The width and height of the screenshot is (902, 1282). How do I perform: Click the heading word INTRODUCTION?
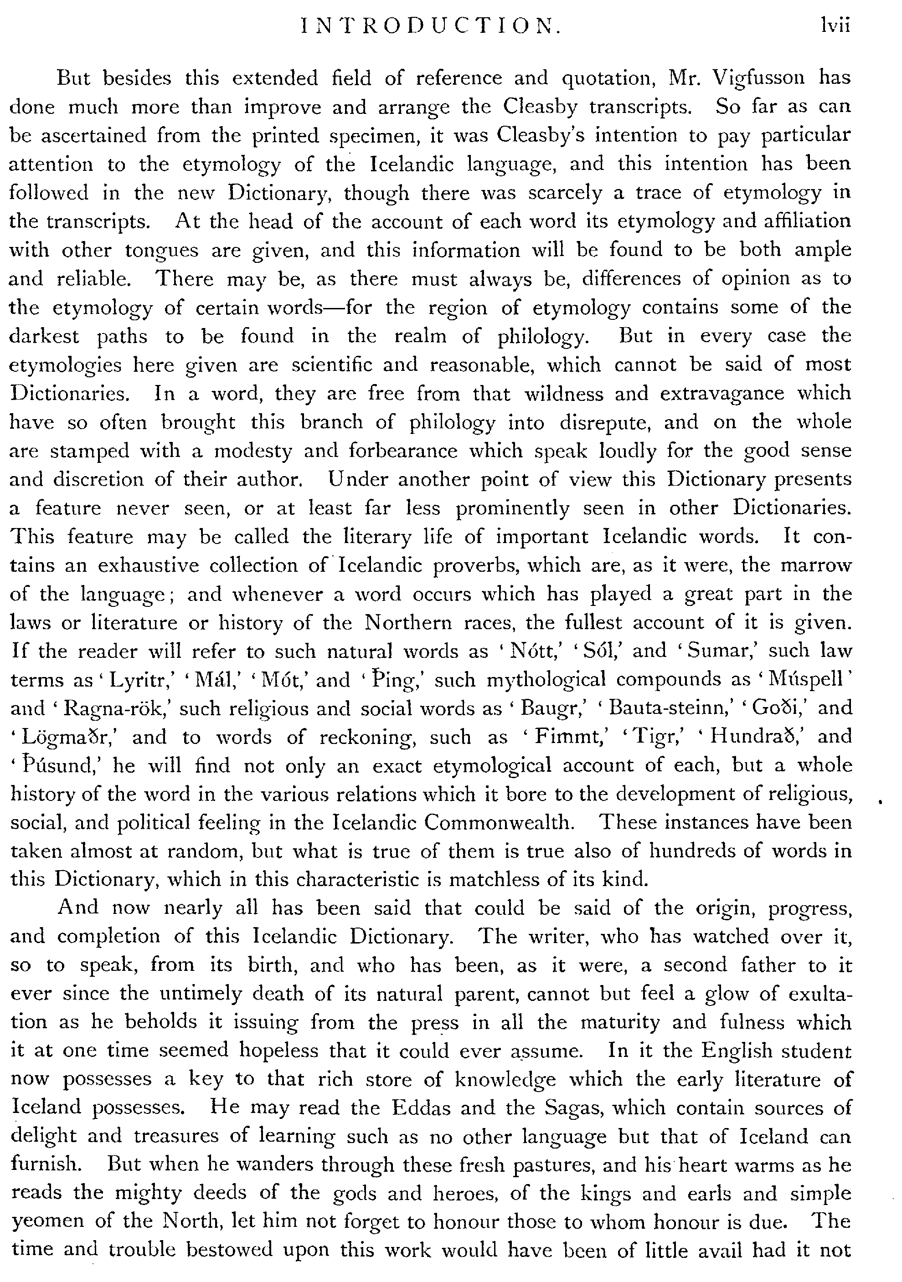coord(430,26)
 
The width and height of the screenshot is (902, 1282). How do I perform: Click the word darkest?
coord(44,337)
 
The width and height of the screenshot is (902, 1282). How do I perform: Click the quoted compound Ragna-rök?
coord(117,709)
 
